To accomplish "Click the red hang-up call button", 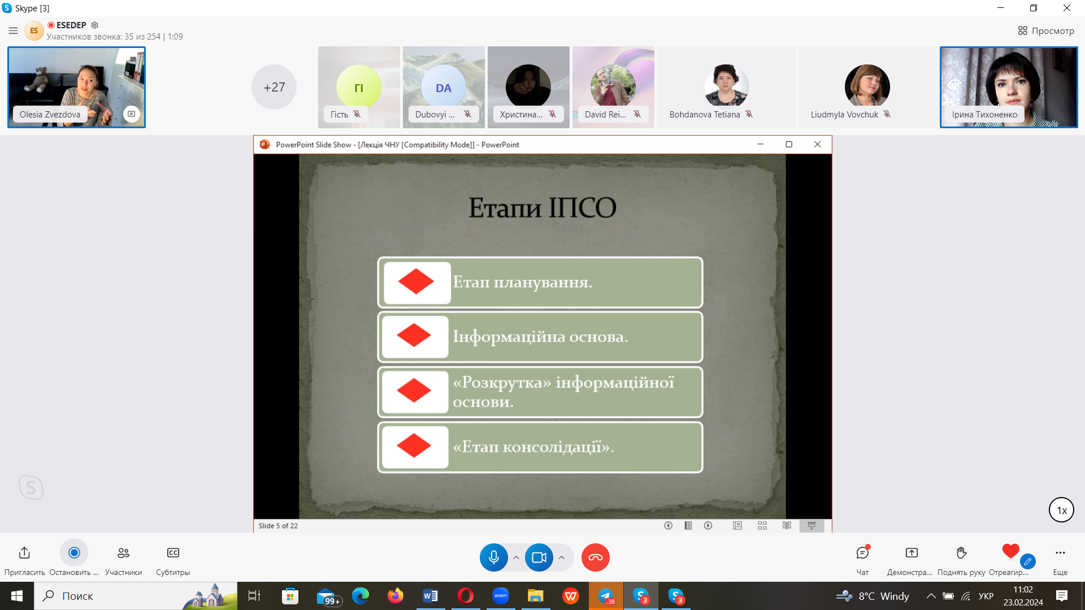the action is [x=596, y=557].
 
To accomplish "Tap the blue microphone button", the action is [x=493, y=557].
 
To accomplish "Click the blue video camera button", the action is [x=539, y=557].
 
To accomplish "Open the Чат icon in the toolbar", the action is [x=862, y=552].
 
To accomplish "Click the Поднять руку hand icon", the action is [x=961, y=552].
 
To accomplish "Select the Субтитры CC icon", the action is [x=173, y=552].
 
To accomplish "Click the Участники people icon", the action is [x=123, y=552].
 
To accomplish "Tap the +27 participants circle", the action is [x=274, y=87].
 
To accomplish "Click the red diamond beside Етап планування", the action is [x=416, y=281].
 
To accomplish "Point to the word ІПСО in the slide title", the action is [x=582, y=207].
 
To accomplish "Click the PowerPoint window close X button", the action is [x=817, y=144].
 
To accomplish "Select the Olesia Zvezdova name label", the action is [x=50, y=114].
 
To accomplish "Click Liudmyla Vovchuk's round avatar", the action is [x=867, y=86].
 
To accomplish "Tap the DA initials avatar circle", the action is [x=444, y=87].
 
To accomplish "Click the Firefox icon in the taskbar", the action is [x=396, y=595].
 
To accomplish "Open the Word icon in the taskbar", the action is [x=430, y=595].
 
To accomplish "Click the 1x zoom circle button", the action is [x=1061, y=510].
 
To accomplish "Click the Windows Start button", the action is [x=17, y=596].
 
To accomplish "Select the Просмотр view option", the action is [x=1046, y=30].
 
